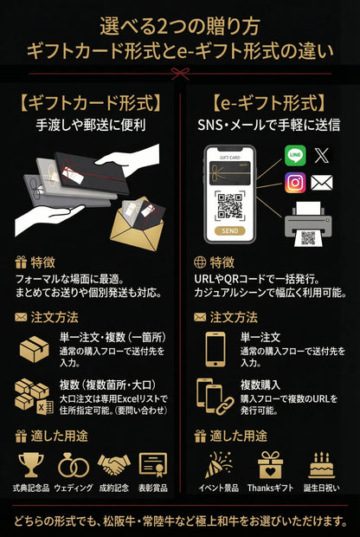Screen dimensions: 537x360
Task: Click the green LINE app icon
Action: click(x=296, y=156)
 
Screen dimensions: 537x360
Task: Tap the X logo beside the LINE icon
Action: click(x=322, y=156)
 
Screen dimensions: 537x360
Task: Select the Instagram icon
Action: click(x=296, y=183)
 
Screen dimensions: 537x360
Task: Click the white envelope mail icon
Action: click(x=322, y=183)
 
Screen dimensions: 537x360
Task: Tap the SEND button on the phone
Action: click(x=229, y=232)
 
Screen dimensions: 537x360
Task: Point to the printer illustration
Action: click(x=307, y=223)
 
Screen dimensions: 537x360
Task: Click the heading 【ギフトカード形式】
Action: click(x=90, y=104)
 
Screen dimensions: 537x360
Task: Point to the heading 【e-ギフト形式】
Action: click(x=271, y=104)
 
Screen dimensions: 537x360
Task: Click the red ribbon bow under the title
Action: click(x=180, y=75)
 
